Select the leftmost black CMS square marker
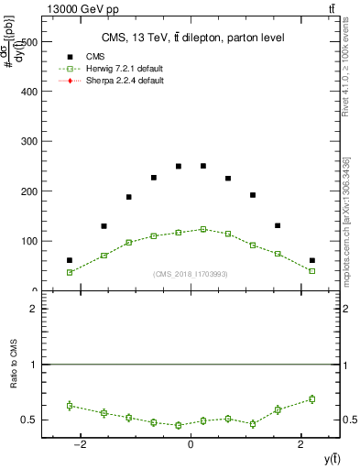coord(70,260)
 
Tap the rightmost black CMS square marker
coord(311,260)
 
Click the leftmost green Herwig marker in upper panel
coord(70,272)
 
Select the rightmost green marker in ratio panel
coord(311,398)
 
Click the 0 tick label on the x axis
coord(191,442)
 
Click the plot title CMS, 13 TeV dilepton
coord(192,38)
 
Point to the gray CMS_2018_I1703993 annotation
coord(190,274)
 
